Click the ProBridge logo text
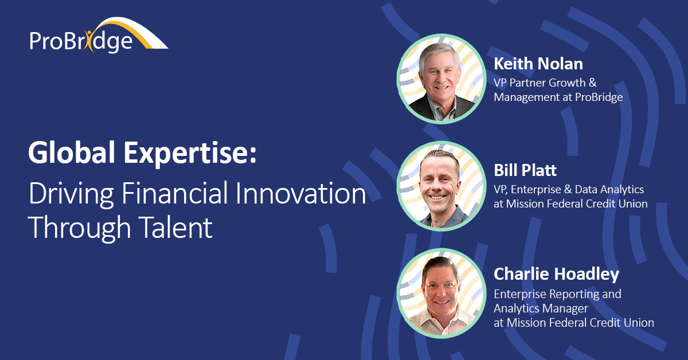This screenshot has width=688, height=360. point(81,41)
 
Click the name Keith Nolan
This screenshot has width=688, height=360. point(538,64)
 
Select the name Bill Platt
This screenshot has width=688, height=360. point(525,170)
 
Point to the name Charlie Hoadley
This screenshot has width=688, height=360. point(556,274)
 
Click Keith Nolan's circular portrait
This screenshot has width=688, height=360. point(441,79)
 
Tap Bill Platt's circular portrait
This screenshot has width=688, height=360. point(441,186)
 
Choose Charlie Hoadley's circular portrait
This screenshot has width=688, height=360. point(441,293)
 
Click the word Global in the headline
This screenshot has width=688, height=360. point(72,152)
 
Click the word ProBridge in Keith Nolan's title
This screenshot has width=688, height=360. point(599,97)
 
